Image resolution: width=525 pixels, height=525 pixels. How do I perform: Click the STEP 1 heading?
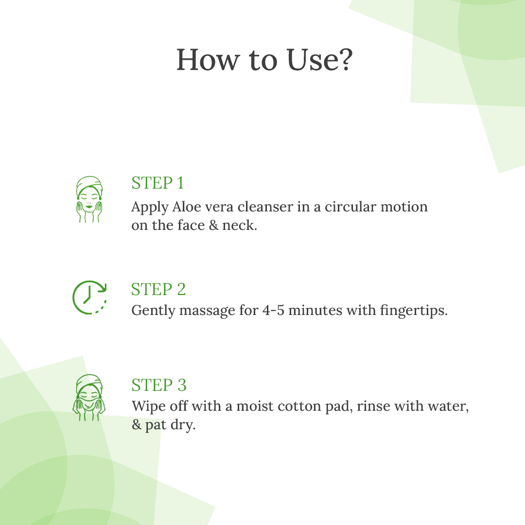click(x=157, y=183)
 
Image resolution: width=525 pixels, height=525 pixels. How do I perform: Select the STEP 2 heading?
click(x=158, y=289)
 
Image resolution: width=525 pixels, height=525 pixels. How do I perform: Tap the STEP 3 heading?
click(x=158, y=385)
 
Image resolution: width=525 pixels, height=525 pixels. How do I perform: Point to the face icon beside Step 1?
click(x=89, y=199)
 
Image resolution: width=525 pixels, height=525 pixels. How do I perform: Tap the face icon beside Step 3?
click(x=89, y=398)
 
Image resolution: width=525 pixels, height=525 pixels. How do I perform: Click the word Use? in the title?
click(x=319, y=60)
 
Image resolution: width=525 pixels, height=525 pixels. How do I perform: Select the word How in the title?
click(x=208, y=60)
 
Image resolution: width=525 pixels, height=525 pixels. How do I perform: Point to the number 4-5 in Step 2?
click(x=273, y=310)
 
